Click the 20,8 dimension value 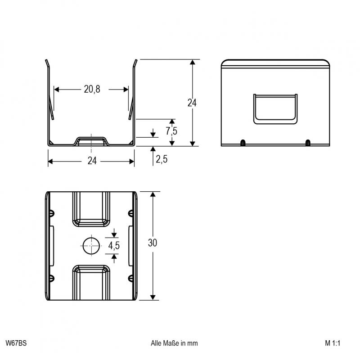pyautogui.click(x=92, y=89)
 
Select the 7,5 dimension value pyautogui.click(x=171, y=131)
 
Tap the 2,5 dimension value pyautogui.click(x=162, y=159)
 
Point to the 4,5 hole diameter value pyautogui.click(x=114, y=246)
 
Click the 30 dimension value pyautogui.click(x=153, y=243)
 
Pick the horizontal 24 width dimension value pyautogui.click(x=92, y=161)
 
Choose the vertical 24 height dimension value pyautogui.click(x=192, y=103)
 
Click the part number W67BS pyautogui.click(x=16, y=343)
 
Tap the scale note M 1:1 pyautogui.click(x=333, y=343)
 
